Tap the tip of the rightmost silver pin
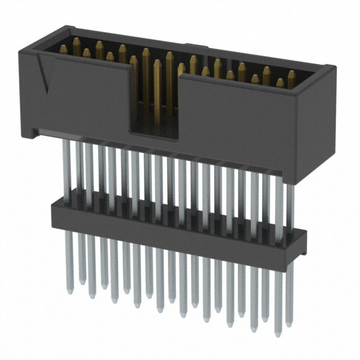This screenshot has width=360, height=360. (289, 326)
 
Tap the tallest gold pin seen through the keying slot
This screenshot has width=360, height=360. (157, 90)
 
